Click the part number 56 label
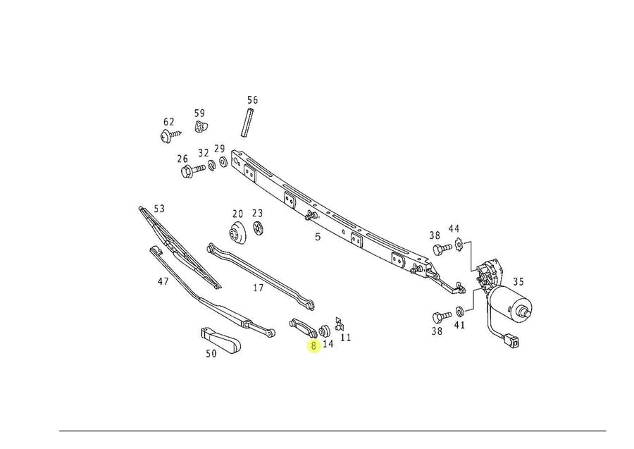pyautogui.click(x=252, y=100)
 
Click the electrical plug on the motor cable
pyautogui.click(x=513, y=343)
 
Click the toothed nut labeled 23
pyautogui.click(x=258, y=229)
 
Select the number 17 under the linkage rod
pyautogui.click(x=258, y=288)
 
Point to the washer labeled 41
pyautogui.click(x=459, y=311)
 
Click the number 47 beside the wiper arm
pyautogui.click(x=163, y=281)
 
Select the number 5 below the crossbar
pyautogui.click(x=318, y=238)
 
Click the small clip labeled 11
pyautogui.click(x=339, y=324)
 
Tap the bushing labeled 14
pyautogui.click(x=325, y=330)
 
